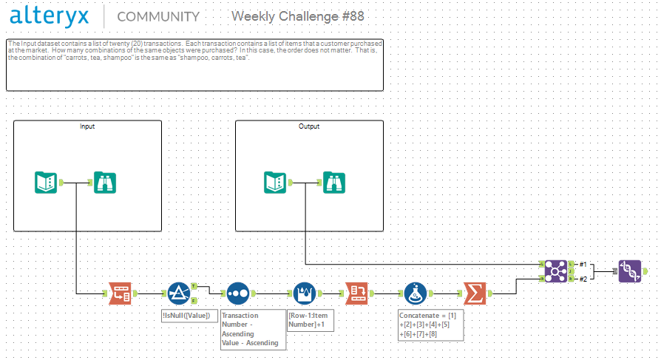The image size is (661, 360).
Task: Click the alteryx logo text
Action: click(x=51, y=16)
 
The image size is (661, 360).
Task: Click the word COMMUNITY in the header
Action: click(x=158, y=17)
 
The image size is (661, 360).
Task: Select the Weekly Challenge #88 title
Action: click(x=297, y=16)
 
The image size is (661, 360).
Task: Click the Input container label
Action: click(x=87, y=126)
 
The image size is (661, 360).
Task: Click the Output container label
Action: click(x=309, y=126)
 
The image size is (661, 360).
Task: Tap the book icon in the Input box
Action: click(x=47, y=182)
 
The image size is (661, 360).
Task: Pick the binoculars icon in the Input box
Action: click(x=105, y=182)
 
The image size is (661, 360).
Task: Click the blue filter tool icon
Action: click(x=179, y=293)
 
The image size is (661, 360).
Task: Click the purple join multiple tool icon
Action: click(x=555, y=271)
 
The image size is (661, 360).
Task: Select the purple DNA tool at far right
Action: click(x=630, y=271)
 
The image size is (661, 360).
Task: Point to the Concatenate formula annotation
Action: click(x=430, y=325)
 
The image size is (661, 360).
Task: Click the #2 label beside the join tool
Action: click(x=583, y=279)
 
